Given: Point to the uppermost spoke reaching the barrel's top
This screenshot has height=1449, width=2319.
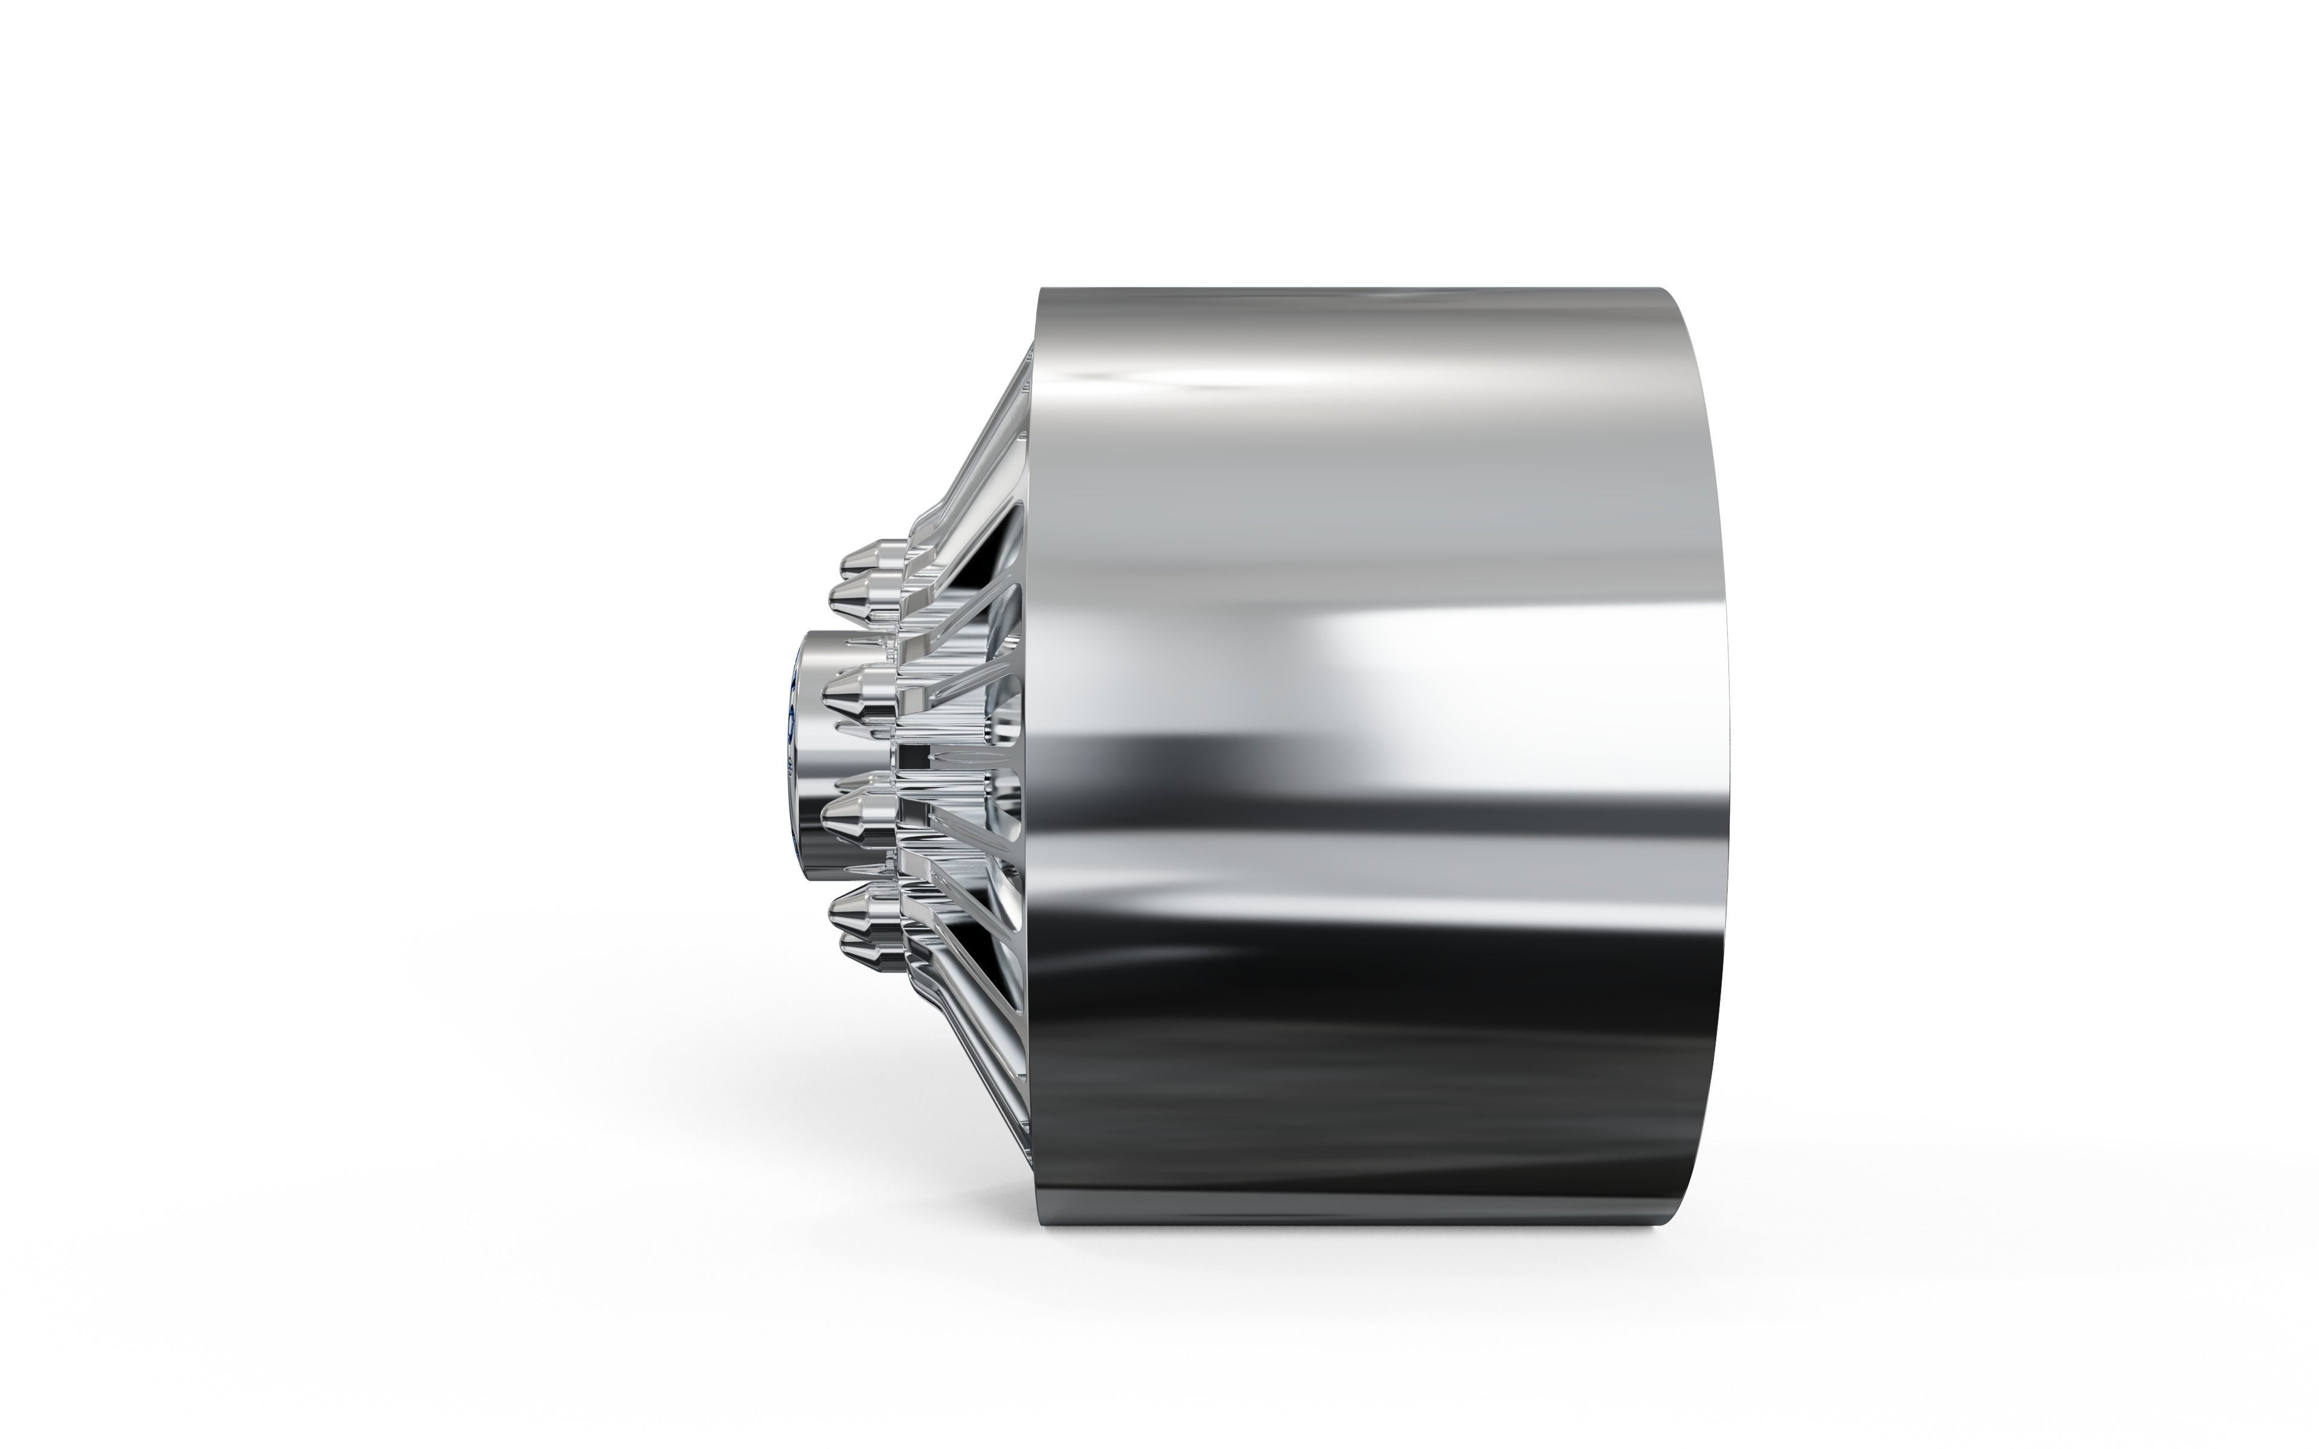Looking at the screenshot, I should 987,441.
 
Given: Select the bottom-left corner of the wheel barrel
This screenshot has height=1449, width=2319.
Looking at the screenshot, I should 1042,1230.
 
